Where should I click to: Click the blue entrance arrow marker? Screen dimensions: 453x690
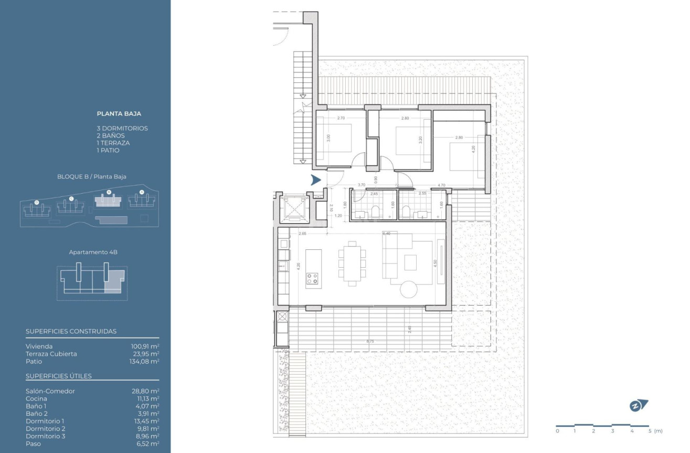[315, 180]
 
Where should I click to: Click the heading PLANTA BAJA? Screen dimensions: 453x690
[119, 113]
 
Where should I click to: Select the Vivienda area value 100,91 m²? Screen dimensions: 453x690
[145, 346]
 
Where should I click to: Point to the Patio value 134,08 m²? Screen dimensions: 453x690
[145, 361]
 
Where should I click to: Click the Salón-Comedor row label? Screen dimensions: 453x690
[50, 391]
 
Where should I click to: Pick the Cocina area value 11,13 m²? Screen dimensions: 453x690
[147, 398]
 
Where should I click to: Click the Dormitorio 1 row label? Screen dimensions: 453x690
[45, 421]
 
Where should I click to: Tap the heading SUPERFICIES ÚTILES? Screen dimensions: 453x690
[59, 376]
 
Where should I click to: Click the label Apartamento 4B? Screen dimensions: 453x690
[93, 252]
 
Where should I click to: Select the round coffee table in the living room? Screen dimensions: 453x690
[409, 289]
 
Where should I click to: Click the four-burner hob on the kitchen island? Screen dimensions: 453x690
[313, 278]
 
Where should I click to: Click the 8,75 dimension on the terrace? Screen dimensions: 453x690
[370, 342]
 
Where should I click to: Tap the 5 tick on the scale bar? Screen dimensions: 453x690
[649, 431]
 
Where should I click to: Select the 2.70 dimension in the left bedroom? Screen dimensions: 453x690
[341, 118]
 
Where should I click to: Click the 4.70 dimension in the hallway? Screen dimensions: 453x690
[441, 185]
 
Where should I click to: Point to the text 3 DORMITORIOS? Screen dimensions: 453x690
[122, 128]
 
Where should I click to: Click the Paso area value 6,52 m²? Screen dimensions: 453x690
[148, 444]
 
